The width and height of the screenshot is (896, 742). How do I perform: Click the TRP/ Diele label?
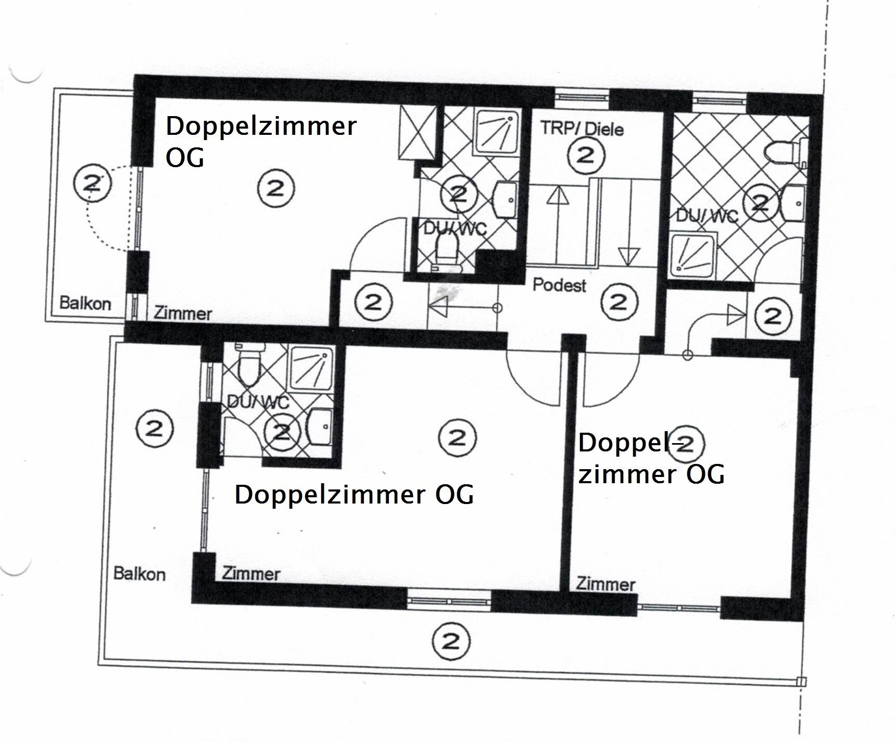582,128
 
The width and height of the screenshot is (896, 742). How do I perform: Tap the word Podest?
559,285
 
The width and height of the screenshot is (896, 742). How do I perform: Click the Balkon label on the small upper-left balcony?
85,303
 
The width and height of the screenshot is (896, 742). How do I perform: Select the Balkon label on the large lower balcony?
139,574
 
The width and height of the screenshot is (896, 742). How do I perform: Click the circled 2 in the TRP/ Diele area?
586,155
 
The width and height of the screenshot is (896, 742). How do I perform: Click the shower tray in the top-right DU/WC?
693,255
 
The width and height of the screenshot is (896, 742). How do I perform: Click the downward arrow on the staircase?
628,255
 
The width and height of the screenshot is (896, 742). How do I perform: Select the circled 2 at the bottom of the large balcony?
451,642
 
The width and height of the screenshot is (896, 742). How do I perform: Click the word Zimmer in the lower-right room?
605,584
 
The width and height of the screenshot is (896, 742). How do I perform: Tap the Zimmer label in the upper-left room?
183,313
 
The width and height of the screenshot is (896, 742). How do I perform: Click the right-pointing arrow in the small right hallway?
736,314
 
